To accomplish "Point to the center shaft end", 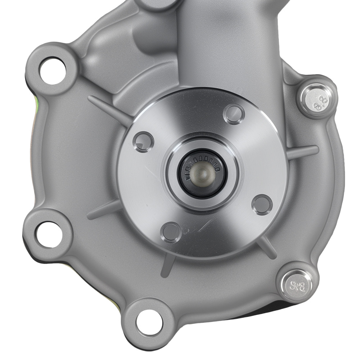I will point(203,173).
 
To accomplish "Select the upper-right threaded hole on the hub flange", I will point(234,114).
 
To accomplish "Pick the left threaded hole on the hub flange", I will point(143,141).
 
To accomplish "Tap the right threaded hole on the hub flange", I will point(262,204).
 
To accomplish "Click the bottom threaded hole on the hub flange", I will point(171,232).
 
